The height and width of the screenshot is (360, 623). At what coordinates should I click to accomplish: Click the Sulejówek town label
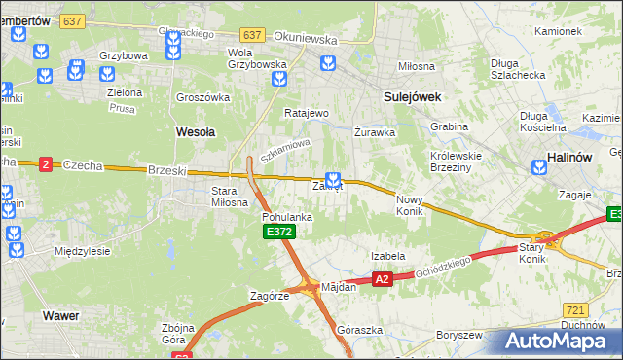(x=413, y=97)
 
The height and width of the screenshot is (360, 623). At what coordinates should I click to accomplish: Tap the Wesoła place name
(x=195, y=130)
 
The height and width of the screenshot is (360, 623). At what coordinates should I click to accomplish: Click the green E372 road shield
(x=275, y=233)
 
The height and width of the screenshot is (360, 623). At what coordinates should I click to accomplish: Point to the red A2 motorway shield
(x=382, y=279)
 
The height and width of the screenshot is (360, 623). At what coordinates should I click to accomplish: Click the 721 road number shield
(x=574, y=307)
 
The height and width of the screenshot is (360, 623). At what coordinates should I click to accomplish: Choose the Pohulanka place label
(x=287, y=217)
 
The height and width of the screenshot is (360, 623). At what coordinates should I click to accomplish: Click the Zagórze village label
(x=270, y=295)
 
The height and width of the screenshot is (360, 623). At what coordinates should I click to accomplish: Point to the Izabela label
(x=387, y=256)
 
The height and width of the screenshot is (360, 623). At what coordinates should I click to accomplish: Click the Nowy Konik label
(x=410, y=205)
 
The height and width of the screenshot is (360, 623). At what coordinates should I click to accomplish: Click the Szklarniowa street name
(x=285, y=151)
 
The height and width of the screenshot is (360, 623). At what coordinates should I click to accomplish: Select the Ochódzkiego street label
(x=442, y=270)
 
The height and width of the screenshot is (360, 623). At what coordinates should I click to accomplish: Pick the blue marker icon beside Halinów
(x=539, y=167)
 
